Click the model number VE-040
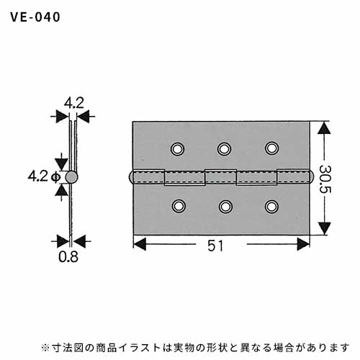[35, 17]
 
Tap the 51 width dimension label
[215, 246]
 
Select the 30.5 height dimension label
[325, 179]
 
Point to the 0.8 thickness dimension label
[68, 256]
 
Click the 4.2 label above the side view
[74, 104]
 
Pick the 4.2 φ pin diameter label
[43, 176]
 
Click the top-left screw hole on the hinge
[177, 149]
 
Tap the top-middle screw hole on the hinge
[224, 149]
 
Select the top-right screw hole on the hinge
[271, 148]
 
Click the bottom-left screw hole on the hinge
[179, 206]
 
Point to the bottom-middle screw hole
[225, 207]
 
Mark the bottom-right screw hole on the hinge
[271, 207]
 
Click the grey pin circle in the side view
[71, 177]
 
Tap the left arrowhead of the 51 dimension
[140, 244]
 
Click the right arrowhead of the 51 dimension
[303, 244]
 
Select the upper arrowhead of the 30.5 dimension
[324, 128]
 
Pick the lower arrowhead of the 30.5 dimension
[324, 228]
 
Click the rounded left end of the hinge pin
[131, 177]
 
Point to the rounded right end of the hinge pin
[311, 177]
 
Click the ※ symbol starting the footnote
[45, 348]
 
